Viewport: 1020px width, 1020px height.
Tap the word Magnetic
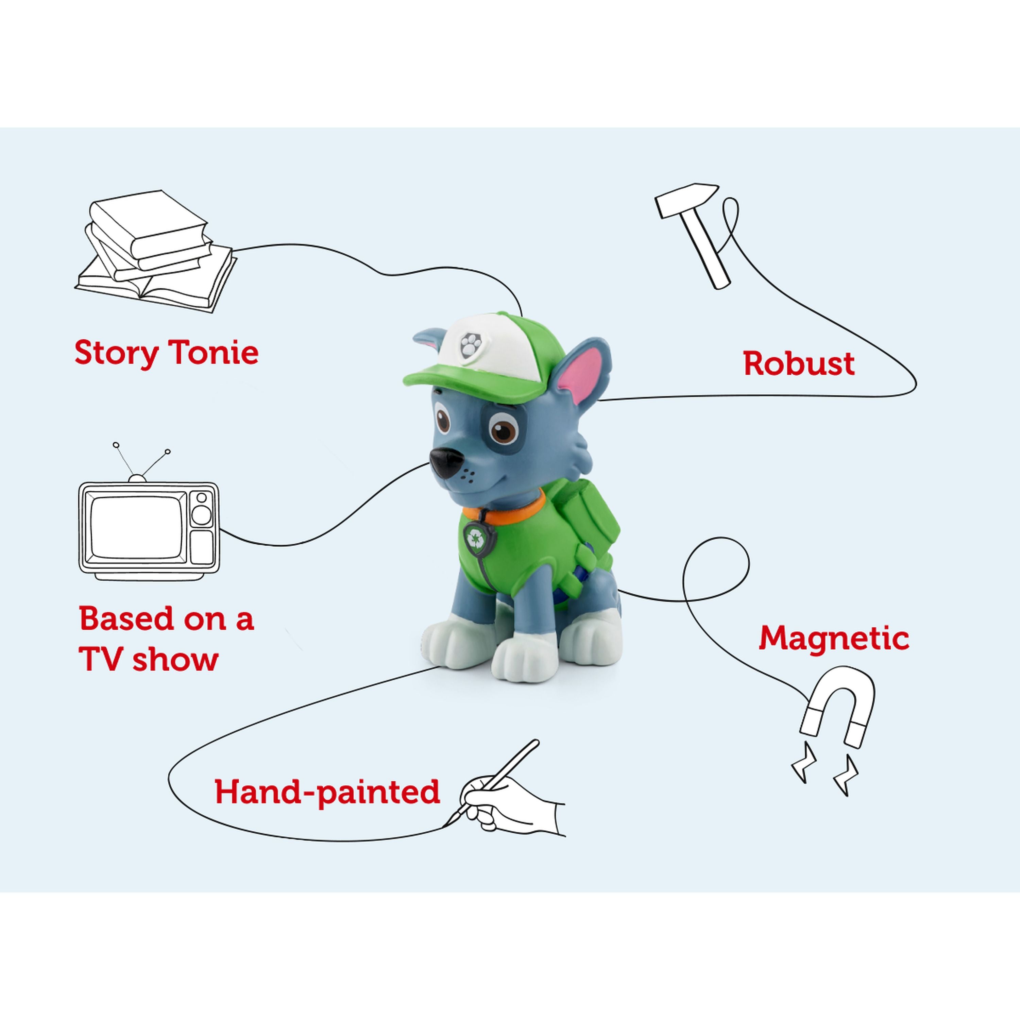coord(834,639)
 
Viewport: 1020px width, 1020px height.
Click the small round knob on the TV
coord(201,498)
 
